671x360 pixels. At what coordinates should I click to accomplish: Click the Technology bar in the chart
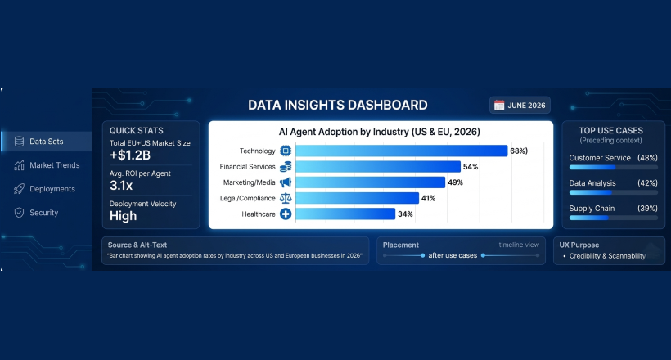click(402, 151)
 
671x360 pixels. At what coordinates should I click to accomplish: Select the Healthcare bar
click(345, 214)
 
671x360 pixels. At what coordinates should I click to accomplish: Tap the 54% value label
click(471, 167)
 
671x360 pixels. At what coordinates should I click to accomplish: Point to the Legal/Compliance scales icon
click(286, 198)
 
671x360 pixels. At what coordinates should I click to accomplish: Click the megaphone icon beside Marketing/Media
click(286, 182)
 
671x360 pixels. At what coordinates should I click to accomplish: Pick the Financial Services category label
click(247, 167)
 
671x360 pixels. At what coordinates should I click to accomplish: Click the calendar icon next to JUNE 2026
click(499, 106)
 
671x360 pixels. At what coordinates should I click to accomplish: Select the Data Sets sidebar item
click(46, 142)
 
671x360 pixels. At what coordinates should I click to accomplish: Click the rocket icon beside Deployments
click(19, 189)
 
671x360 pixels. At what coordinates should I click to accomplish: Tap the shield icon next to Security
click(19, 213)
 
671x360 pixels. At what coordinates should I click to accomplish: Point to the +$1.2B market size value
click(130, 155)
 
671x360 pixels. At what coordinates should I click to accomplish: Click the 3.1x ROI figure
click(121, 186)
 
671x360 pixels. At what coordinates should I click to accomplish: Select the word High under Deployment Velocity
click(124, 216)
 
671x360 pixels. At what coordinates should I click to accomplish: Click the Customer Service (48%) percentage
click(647, 158)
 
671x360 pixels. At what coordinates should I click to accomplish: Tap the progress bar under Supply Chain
click(613, 218)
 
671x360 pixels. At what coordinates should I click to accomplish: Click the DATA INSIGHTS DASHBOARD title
click(338, 106)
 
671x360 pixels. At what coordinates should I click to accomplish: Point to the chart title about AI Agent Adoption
click(380, 132)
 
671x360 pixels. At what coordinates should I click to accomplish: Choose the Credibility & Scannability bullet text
click(607, 256)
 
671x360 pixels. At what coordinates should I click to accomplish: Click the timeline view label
click(519, 245)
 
